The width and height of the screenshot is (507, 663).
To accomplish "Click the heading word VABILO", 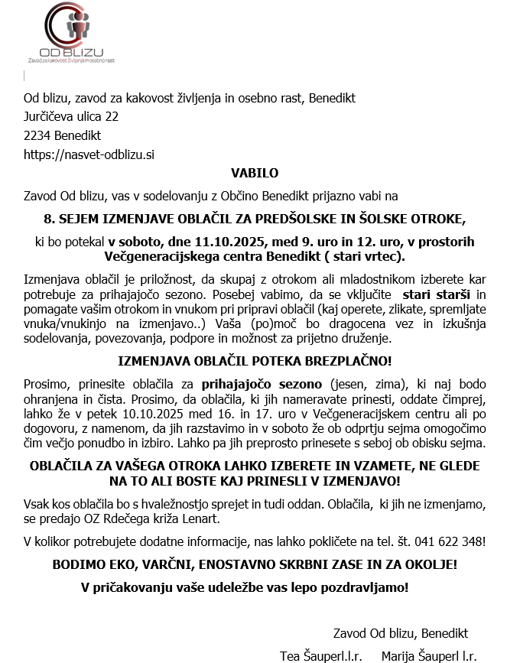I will pyautogui.click(x=255, y=173).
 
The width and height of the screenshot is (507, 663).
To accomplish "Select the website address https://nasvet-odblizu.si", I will pyautogui.click(x=89, y=154).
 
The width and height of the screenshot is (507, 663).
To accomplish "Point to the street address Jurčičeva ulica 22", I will pyautogui.click(x=71, y=117).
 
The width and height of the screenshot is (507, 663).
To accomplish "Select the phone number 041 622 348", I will pyautogui.click(x=447, y=541).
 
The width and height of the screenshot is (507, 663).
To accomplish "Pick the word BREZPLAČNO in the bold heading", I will pyautogui.click(x=348, y=361).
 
